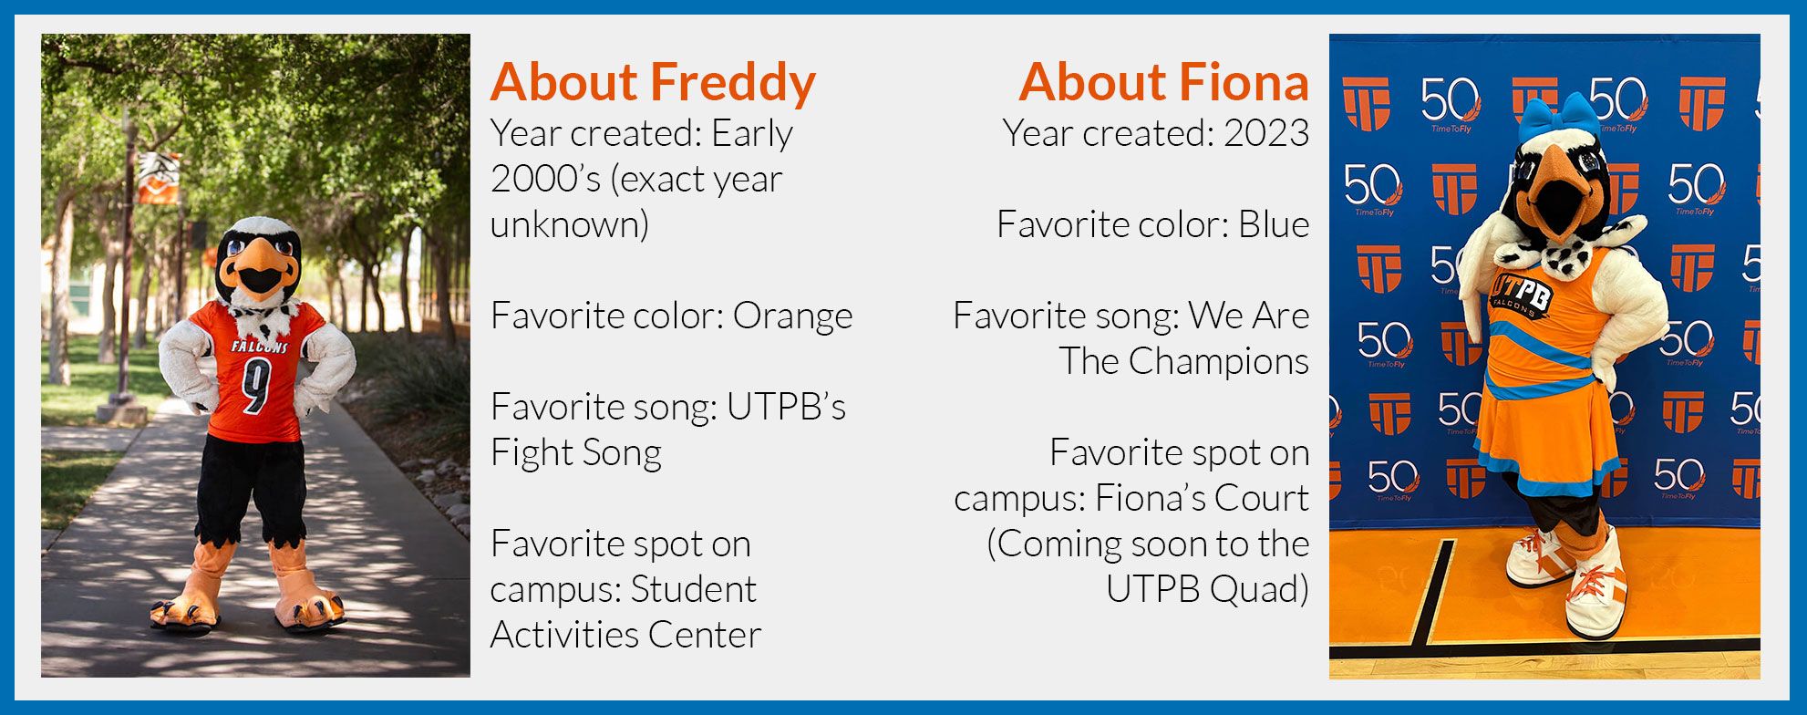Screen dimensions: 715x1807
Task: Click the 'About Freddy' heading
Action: point(653,83)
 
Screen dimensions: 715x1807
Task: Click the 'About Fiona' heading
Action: point(1163,83)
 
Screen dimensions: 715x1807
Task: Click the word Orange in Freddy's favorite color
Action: point(792,316)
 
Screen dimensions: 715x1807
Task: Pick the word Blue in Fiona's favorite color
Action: point(1273,225)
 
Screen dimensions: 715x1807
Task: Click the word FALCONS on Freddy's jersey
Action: point(259,347)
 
